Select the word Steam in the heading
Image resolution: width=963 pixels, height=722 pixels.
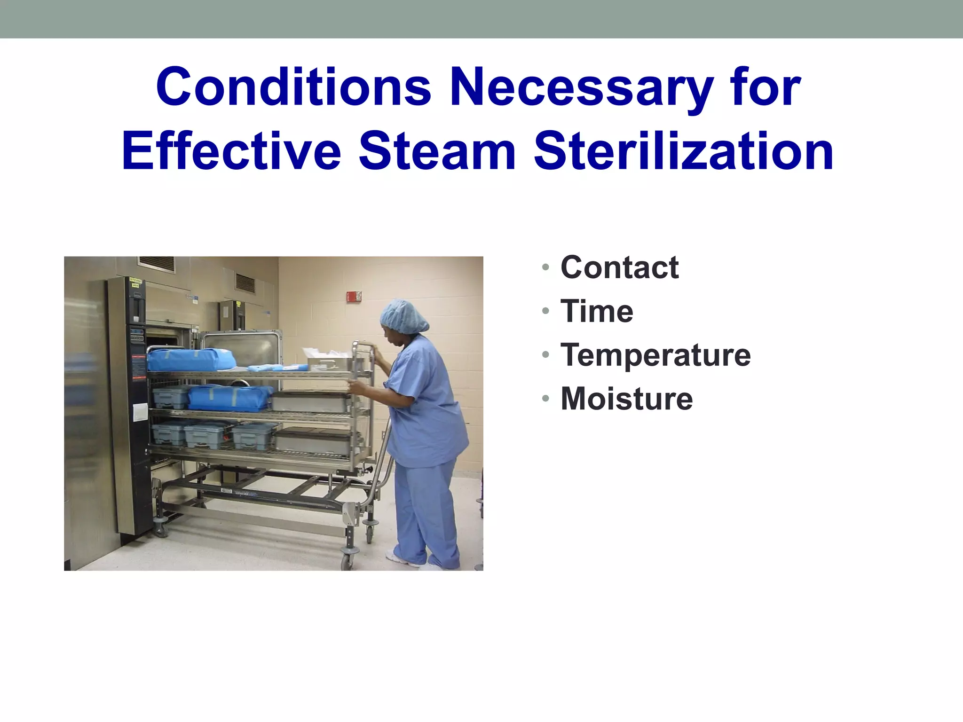[437, 152]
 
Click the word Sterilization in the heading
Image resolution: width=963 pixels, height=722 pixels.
[684, 152]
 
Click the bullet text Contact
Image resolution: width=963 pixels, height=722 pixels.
[619, 267]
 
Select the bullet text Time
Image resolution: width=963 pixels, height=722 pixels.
[597, 311]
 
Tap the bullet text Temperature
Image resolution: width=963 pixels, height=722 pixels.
[655, 355]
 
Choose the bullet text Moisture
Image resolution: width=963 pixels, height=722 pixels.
[626, 399]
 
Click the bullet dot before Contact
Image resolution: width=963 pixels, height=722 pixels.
[545, 268]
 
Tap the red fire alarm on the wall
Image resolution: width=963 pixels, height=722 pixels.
[354, 297]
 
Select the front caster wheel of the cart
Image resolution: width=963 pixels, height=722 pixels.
[348, 560]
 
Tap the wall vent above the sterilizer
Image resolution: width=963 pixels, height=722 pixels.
[157, 264]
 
